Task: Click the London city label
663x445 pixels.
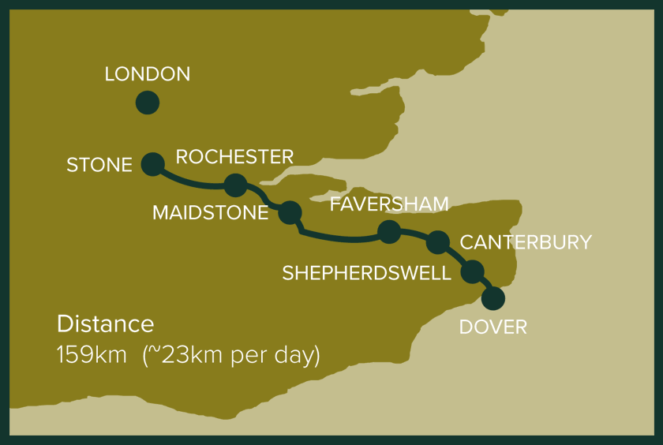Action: point(148,74)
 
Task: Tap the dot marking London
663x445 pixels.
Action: point(147,103)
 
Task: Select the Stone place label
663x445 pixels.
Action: point(99,165)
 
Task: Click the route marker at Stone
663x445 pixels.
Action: point(152,163)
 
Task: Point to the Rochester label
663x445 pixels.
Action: point(234,156)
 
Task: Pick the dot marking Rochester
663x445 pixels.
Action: point(235,185)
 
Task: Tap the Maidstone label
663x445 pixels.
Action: point(210,213)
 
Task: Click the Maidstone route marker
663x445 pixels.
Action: point(290,211)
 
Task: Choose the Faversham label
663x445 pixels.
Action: point(389,204)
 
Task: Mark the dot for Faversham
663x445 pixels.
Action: point(389,231)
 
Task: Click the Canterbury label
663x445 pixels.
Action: point(526,242)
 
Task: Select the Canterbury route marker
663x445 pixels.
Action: point(437,242)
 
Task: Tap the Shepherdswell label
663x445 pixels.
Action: point(366,273)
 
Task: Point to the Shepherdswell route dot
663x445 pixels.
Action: point(472,271)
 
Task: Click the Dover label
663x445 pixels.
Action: point(493,327)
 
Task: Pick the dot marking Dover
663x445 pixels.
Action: point(493,298)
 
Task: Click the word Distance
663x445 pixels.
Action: point(105,323)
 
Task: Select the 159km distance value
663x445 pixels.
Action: point(92,354)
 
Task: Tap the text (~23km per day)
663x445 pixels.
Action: point(231,354)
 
